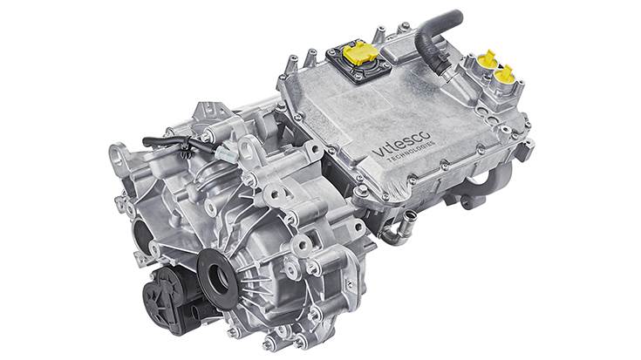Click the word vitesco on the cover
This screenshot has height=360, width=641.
[401, 144]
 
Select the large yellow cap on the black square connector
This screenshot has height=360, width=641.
[359, 53]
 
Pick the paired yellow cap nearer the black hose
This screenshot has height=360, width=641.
[487, 60]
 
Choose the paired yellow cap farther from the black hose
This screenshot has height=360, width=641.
[503, 74]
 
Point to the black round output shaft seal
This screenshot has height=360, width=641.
[217, 278]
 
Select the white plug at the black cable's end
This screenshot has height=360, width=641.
[226, 153]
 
